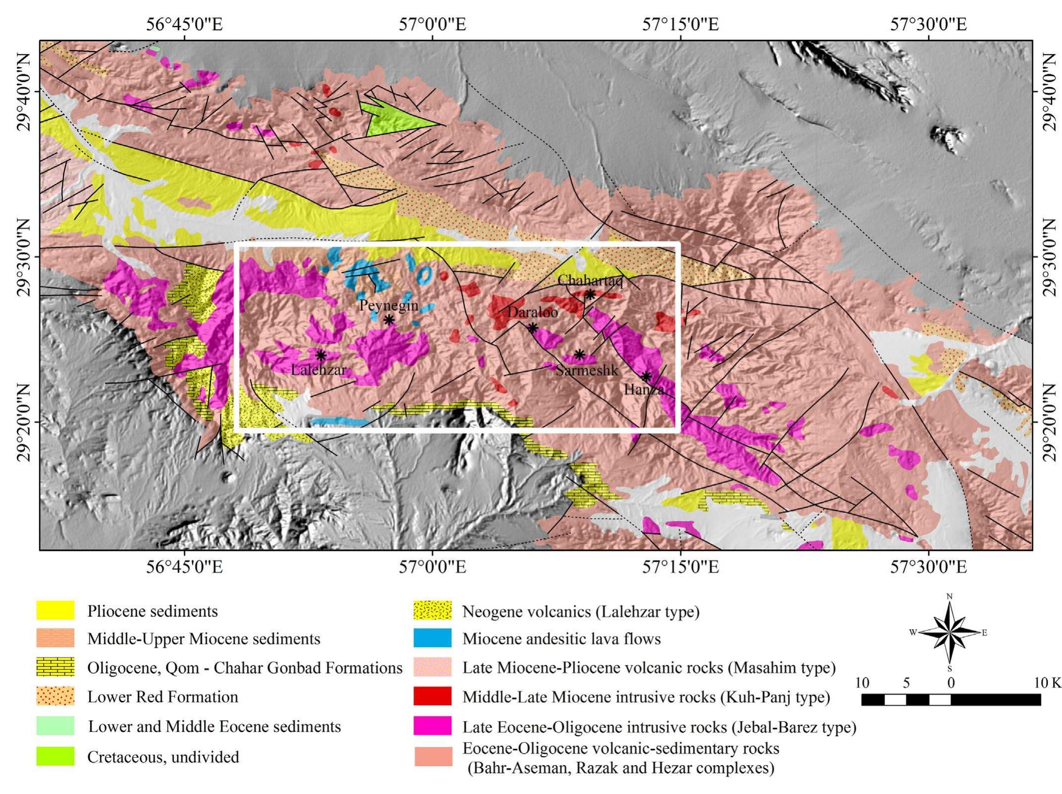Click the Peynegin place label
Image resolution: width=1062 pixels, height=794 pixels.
pos(388,305)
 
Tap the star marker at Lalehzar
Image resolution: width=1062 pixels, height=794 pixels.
pos(321,355)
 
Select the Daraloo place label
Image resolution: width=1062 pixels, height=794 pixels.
pos(532,312)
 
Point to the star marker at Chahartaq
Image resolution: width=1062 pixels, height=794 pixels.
pos(590,295)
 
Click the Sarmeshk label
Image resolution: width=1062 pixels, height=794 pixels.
pos(587,370)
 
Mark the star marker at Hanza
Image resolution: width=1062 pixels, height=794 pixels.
pos(645,376)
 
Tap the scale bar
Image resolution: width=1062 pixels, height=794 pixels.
pos(951,699)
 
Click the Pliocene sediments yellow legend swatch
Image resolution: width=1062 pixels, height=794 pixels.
pos(55,610)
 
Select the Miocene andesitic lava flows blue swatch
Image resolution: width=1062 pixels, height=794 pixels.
pos(432,638)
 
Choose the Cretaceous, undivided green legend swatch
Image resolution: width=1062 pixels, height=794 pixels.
pos(55,756)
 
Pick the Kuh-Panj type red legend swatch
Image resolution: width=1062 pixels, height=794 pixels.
pos(432,696)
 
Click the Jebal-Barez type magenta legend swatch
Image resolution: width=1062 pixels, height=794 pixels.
pos(432,726)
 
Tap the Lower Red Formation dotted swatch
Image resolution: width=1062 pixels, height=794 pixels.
pos(55,696)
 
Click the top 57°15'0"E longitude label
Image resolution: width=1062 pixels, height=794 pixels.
pos(680,24)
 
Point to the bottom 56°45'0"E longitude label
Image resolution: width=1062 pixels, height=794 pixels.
pos(184,567)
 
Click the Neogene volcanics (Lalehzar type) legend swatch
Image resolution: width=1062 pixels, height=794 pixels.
pos(432,610)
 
